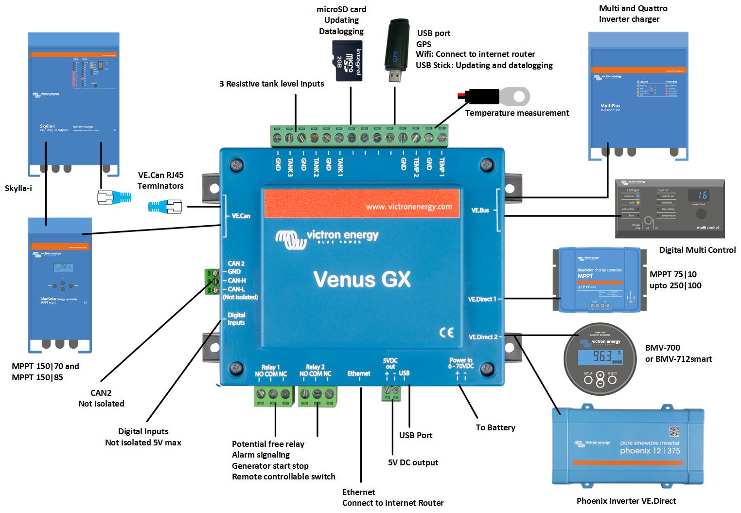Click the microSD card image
(347, 61)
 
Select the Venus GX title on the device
(362, 279)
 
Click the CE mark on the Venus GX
(446, 333)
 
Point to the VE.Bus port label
(480, 211)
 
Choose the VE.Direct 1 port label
(482, 299)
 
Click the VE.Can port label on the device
(241, 215)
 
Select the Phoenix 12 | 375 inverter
(627, 446)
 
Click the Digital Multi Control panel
(670, 209)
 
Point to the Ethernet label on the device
(359, 373)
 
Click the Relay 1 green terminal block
(274, 396)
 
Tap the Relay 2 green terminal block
(317, 396)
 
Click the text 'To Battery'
(495, 427)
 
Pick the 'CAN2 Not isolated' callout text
(101, 398)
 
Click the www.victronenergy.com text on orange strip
(409, 207)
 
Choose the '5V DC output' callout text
(413, 462)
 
